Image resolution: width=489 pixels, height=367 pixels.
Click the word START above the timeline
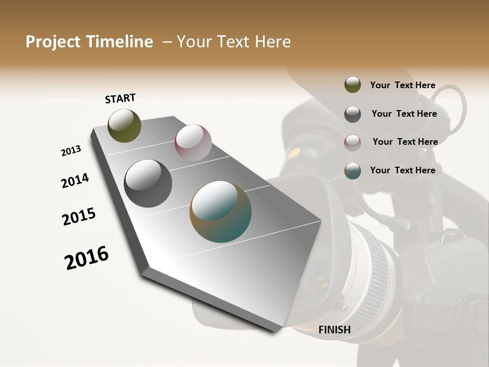(x=120, y=98)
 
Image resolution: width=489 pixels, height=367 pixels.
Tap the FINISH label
(x=335, y=330)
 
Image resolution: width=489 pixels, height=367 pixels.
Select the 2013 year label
(x=71, y=151)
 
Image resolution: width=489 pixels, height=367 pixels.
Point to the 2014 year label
(x=75, y=180)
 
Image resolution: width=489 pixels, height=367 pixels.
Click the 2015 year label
(x=79, y=217)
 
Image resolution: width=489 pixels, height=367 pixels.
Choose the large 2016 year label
(x=87, y=258)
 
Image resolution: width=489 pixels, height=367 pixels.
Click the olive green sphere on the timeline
(x=125, y=125)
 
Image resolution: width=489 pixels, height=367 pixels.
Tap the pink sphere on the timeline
(x=193, y=143)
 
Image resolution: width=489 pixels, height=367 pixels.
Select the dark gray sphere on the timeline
(x=148, y=183)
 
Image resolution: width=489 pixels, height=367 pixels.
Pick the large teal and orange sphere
(x=221, y=212)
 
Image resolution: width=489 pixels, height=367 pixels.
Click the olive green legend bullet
(x=352, y=85)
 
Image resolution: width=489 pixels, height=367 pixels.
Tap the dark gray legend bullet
(x=352, y=114)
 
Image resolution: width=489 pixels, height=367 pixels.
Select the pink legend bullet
(x=352, y=142)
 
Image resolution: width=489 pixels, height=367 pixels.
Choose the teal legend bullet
(x=352, y=171)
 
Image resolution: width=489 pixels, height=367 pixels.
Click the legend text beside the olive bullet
(x=402, y=85)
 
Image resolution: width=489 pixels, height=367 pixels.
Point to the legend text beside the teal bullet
(x=402, y=170)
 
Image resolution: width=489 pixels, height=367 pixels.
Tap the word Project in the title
(x=53, y=42)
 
